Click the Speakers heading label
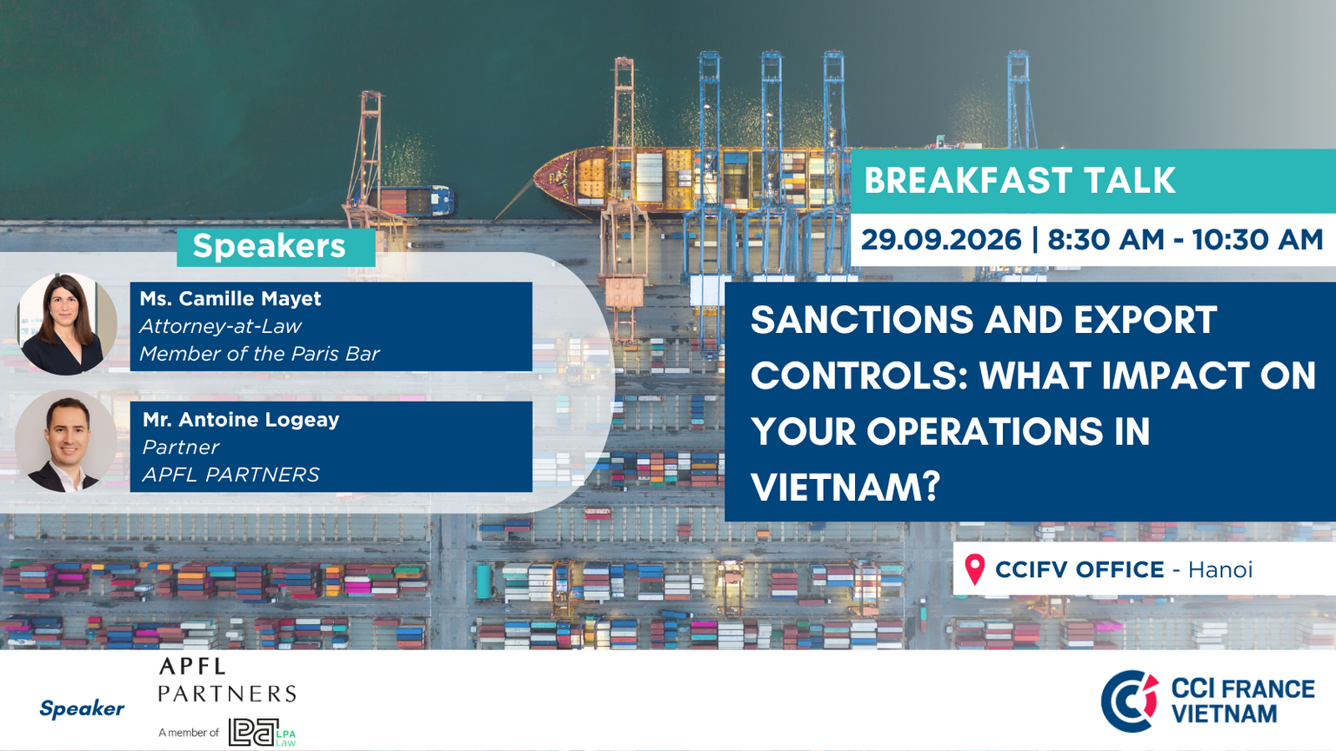pos(269,246)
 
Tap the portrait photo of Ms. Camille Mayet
pos(66,324)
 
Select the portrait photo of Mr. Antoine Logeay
pos(66,441)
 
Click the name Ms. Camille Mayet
pos(230,298)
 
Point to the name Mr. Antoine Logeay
pos(241,420)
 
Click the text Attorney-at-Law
pos(221,326)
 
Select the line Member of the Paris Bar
pos(259,354)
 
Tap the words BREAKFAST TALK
pos(1020,180)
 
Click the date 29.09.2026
pos(941,240)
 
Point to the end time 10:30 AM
pos(1258,240)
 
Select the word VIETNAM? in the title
pos(845,487)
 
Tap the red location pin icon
pos(974,569)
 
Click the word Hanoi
pos(1219,570)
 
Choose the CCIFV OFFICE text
pos(1079,570)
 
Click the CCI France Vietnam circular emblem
pos(1130,701)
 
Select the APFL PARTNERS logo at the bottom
pos(227,680)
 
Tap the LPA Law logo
pos(262,732)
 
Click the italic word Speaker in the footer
pos(82,708)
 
